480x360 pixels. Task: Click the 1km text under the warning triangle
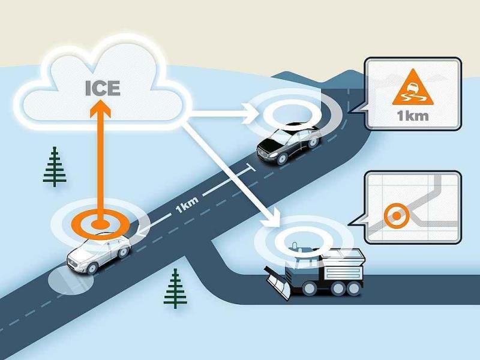click(x=412, y=115)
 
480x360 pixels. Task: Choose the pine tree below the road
click(x=175, y=288)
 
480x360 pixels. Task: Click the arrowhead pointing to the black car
click(x=249, y=112)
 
